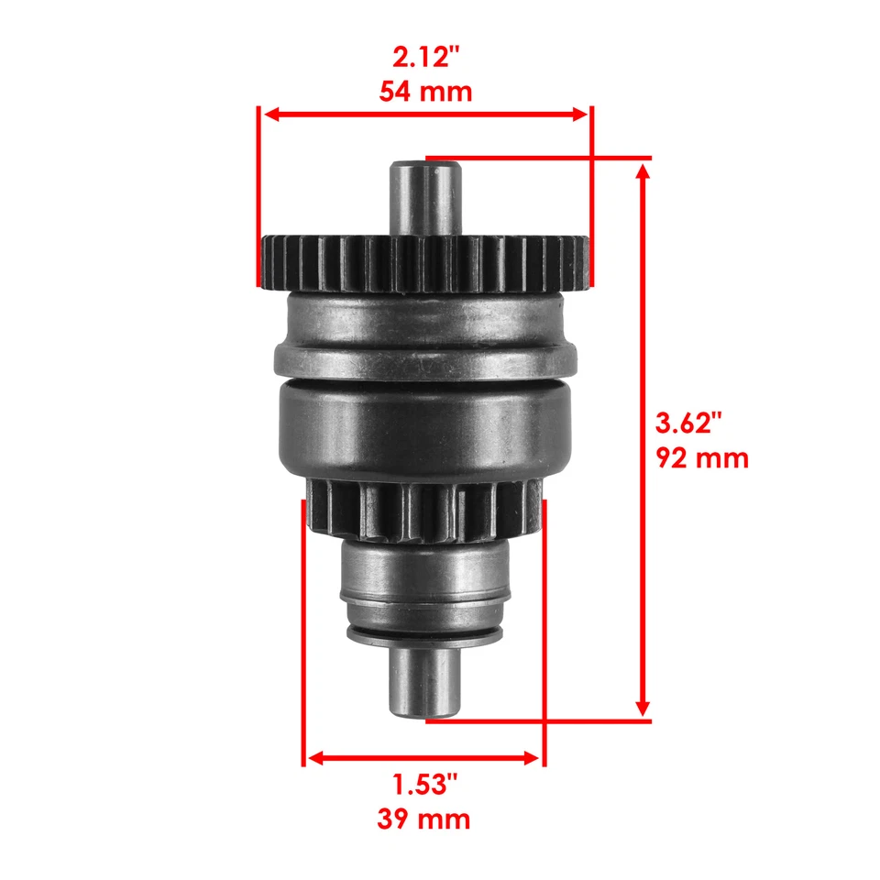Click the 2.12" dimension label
(424, 59)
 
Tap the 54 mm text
(424, 92)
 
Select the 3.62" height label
(689, 423)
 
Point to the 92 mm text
(702, 456)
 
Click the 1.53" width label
(424, 785)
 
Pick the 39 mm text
(424, 818)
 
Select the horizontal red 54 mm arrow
(424, 115)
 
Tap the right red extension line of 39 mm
(544, 632)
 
